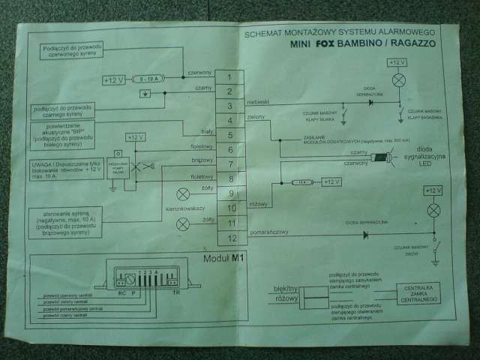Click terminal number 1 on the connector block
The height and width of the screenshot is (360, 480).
[229, 76]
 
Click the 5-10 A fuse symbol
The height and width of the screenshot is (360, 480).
[148, 78]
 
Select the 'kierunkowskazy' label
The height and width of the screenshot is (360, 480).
[179, 207]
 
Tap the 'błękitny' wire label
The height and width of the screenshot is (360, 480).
[287, 286]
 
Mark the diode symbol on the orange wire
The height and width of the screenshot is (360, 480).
[365, 235]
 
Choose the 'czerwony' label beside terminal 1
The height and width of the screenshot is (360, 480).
[199, 72]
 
